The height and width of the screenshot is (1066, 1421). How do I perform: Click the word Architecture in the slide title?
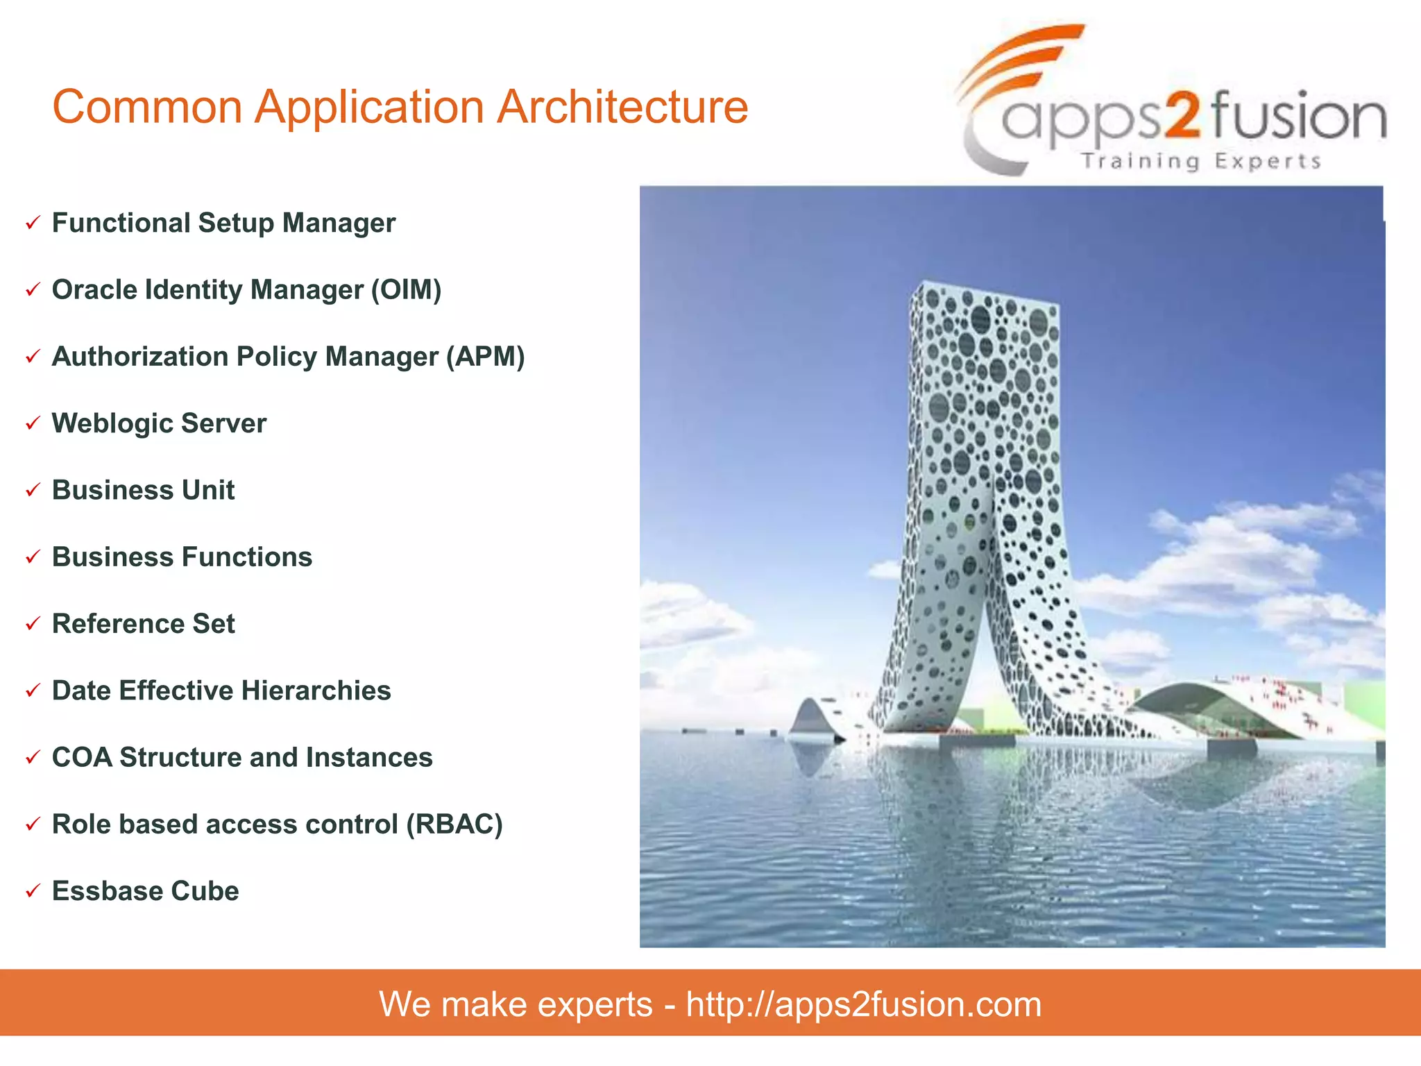(x=622, y=108)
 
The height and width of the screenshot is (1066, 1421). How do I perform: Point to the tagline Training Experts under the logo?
(x=1200, y=161)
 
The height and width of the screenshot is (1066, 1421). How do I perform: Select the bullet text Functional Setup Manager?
(x=223, y=223)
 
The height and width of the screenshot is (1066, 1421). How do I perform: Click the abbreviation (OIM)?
(x=406, y=290)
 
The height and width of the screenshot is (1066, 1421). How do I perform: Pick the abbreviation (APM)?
(x=485, y=357)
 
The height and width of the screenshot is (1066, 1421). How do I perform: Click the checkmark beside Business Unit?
(x=33, y=491)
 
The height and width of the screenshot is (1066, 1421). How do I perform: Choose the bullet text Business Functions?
(x=182, y=557)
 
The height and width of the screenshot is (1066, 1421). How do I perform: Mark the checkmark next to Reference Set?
(x=33, y=624)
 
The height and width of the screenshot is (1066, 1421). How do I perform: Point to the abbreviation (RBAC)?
(x=454, y=824)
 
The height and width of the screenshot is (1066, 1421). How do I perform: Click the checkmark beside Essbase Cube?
(x=33, y=891)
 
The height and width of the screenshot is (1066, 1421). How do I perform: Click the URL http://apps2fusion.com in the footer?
(x=863, y=1004)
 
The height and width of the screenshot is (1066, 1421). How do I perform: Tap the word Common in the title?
(x=147, y=108)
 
